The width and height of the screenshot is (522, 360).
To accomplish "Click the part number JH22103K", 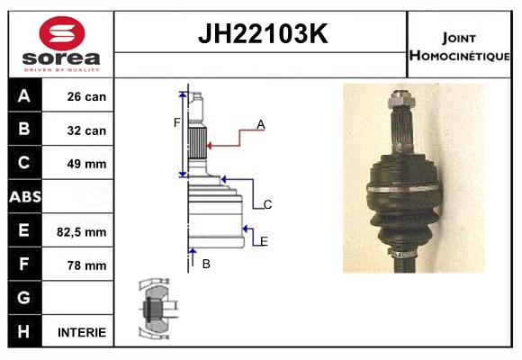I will (x=261, y=34).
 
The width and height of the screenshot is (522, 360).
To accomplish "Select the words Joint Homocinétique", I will (x=459, y=45).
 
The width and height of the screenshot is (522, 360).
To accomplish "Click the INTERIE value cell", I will (x=82, y=332).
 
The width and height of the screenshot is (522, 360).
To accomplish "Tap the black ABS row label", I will (x=24, y=197).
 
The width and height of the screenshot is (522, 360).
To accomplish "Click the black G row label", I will (x=24, y=298).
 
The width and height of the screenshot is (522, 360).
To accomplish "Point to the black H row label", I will (x=24, y=331).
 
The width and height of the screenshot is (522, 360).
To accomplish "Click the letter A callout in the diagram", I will (x=260, y=125).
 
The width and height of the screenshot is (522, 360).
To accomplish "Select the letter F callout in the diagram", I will (x=176, y=122).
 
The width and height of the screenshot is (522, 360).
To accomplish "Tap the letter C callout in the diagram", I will (x=267, y=205).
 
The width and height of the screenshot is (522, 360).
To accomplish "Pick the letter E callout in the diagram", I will (x=263, y=241).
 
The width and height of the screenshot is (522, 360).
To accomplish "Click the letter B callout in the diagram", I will (x=206, y=264).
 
